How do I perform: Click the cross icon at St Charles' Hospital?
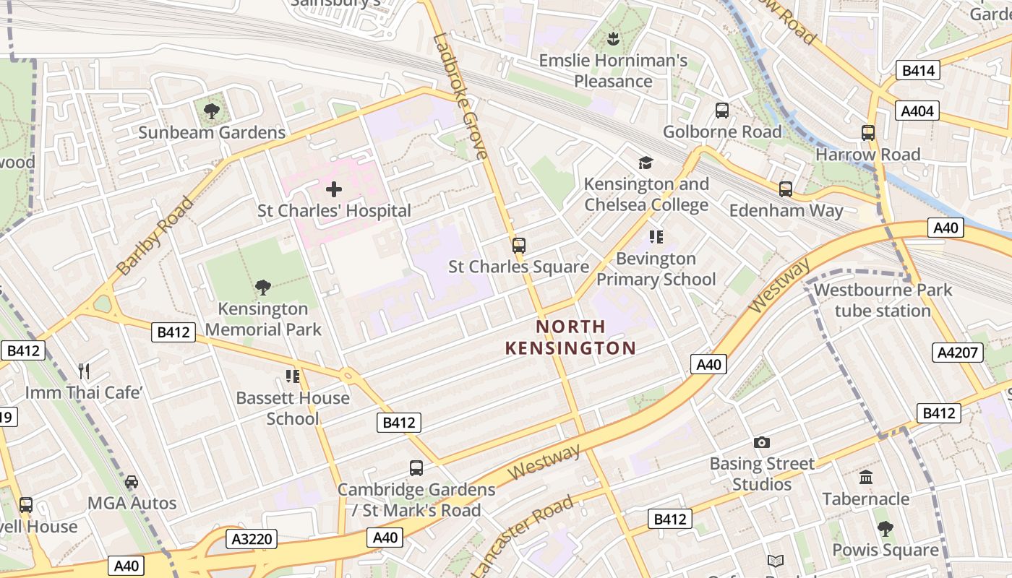click(333, 189)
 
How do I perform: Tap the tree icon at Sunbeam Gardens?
click(212, 111)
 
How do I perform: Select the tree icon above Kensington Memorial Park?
click(263, 288)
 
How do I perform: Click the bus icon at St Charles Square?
click(518, 246)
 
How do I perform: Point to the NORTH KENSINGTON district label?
click(570, 337)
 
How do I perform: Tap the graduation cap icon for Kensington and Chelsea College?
click(645, 163)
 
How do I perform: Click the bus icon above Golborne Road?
click(721, 111)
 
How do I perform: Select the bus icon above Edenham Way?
click(785, 189)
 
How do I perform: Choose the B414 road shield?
click(918, 70)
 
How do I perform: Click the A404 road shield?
click(918, 111)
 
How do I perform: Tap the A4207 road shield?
click(959, 353)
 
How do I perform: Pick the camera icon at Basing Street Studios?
click(761, 442)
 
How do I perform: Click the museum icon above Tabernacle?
click(866, 478)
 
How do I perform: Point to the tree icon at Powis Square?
click(885, 529)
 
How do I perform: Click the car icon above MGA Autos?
click(132, 482)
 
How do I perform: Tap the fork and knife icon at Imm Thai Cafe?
click(84, 371)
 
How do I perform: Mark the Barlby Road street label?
click(155, 236)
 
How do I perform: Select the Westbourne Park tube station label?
click(882, 301)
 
